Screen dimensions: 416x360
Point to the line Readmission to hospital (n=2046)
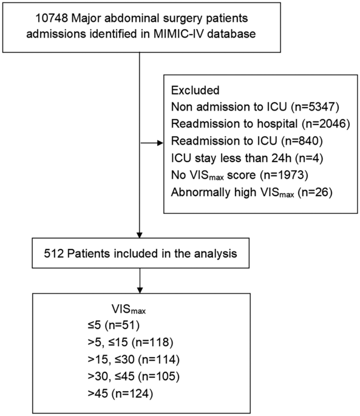[x=251, y=123]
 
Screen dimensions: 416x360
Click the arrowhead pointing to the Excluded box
[x=161, y=143]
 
